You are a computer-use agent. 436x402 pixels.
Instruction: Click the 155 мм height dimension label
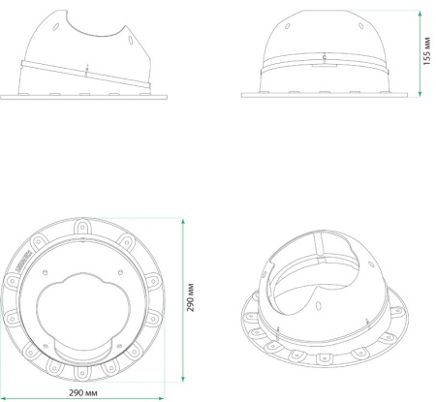(x=426, y=51)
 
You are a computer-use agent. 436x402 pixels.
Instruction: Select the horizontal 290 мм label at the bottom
(x=83, y=392)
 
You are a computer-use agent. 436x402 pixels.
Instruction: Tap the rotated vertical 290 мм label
(x=190, y=297)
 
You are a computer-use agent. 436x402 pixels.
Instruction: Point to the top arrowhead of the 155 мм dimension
(x=420, y=14)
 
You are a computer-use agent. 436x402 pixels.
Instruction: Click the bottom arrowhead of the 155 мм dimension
(x=420, y=93)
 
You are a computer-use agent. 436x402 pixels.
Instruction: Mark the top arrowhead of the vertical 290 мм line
(x=183, y=222)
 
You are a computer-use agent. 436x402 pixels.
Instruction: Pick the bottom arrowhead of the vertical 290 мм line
(x=183, y=379)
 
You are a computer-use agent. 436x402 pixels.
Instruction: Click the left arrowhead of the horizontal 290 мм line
(x=4, y=399)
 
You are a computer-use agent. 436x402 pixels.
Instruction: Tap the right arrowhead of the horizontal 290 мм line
(x=161, y=399)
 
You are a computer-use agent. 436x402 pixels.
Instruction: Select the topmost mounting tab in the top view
(x=82, y=227)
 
